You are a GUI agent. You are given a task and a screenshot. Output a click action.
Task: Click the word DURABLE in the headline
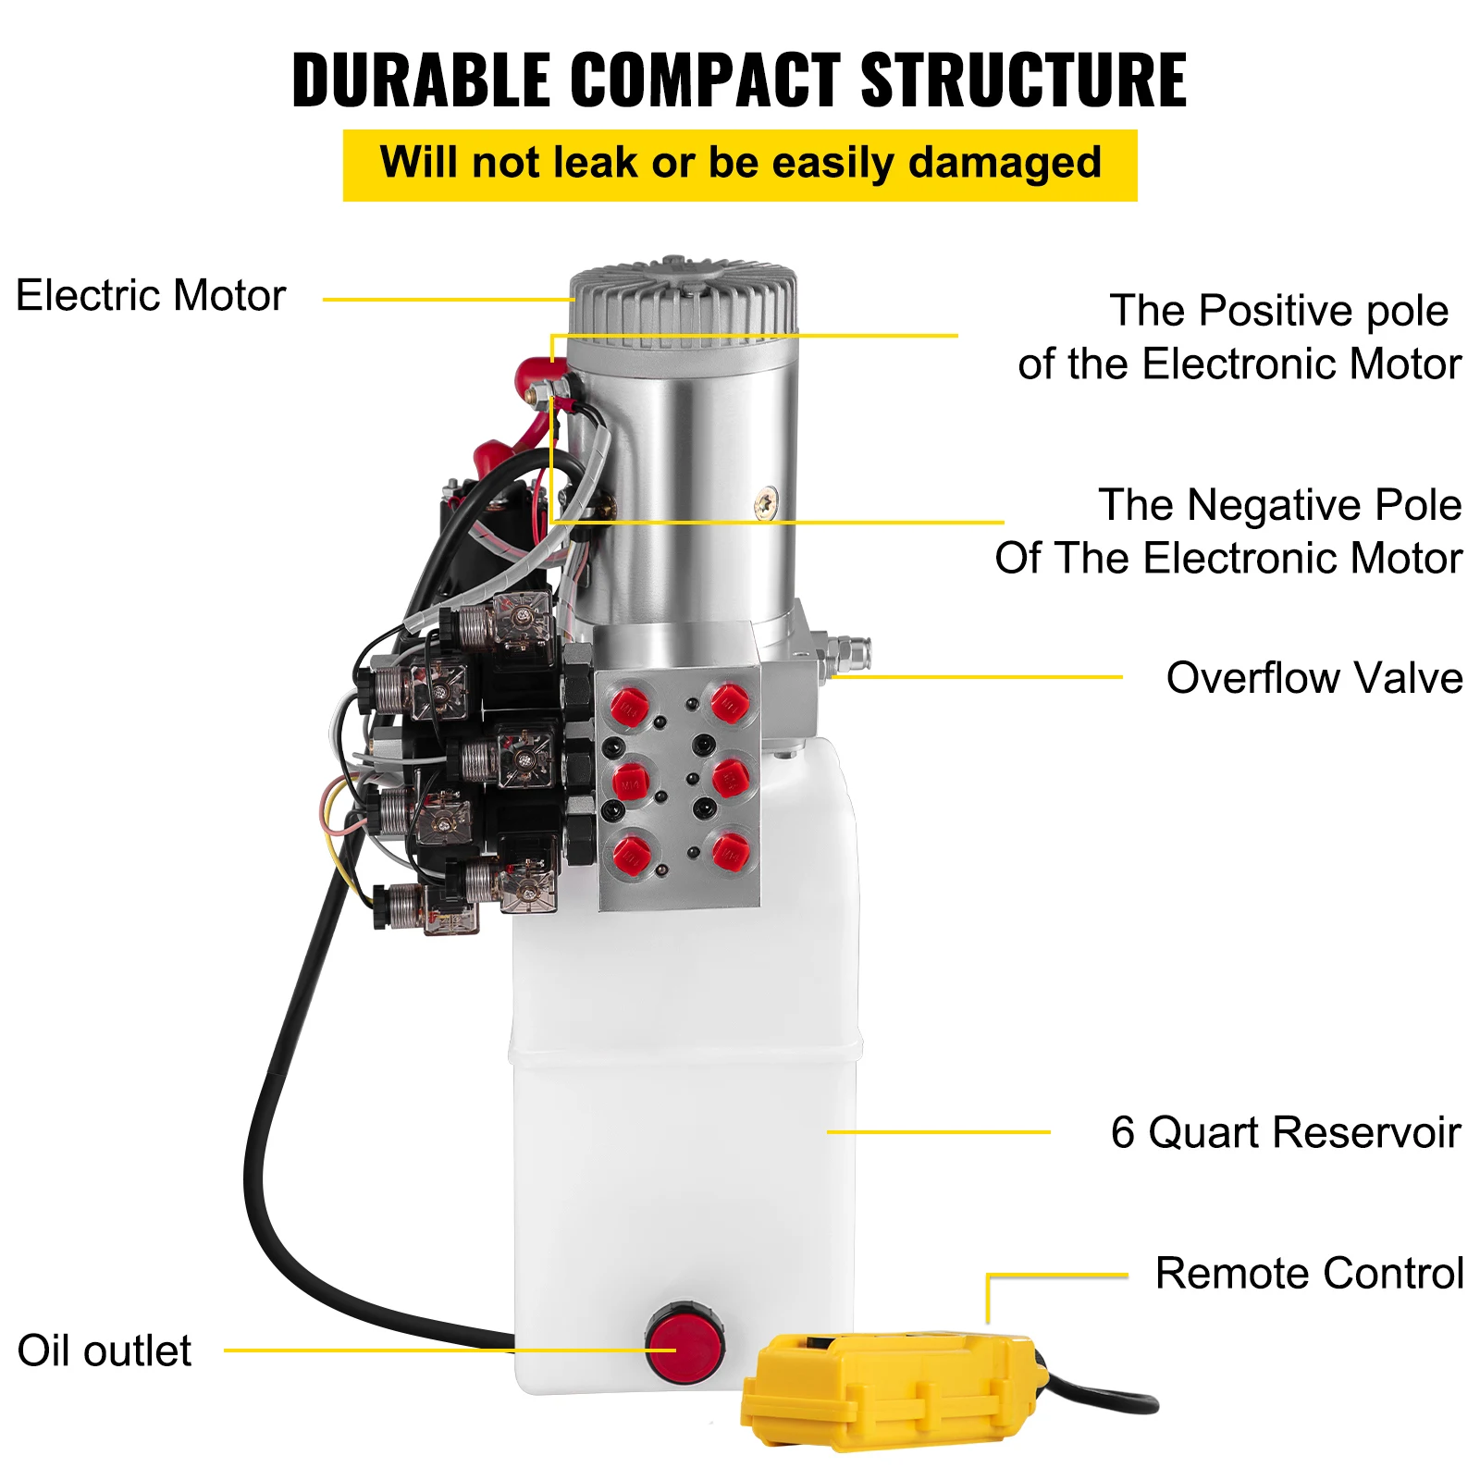point(421,80)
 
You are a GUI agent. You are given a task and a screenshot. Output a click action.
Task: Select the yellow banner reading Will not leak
point(739,165)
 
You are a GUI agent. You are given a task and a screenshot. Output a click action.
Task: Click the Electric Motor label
point(151,296)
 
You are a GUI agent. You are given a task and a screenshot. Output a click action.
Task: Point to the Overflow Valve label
point(1313,678)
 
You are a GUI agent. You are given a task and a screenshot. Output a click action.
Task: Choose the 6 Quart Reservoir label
point(1285,1132)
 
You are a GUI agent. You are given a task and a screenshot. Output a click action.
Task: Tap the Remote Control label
point(1309,1274)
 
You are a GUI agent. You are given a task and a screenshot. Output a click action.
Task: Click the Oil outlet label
point(105,1351)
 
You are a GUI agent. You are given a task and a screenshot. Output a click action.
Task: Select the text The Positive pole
point(1278,311)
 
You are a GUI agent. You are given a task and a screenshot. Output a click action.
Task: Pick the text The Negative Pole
point(1279,505)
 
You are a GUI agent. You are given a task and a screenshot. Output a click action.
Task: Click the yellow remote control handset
point(893,1387)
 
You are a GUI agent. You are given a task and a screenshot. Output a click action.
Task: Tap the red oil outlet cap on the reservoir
point(685,1343)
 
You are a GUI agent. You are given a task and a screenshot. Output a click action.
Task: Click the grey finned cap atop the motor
point(684,301)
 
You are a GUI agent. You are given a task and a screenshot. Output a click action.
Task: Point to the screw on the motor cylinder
point(767,503)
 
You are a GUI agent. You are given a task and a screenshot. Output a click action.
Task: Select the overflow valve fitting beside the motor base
point(846,654)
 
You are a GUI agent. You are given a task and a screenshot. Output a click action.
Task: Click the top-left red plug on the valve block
point(630,708)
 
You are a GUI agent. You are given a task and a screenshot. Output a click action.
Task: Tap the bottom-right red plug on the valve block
point(730,851)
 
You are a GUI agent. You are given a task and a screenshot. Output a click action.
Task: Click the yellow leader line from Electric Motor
point(448,300)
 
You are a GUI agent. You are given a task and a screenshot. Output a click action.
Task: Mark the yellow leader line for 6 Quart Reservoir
point(938,1131)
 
